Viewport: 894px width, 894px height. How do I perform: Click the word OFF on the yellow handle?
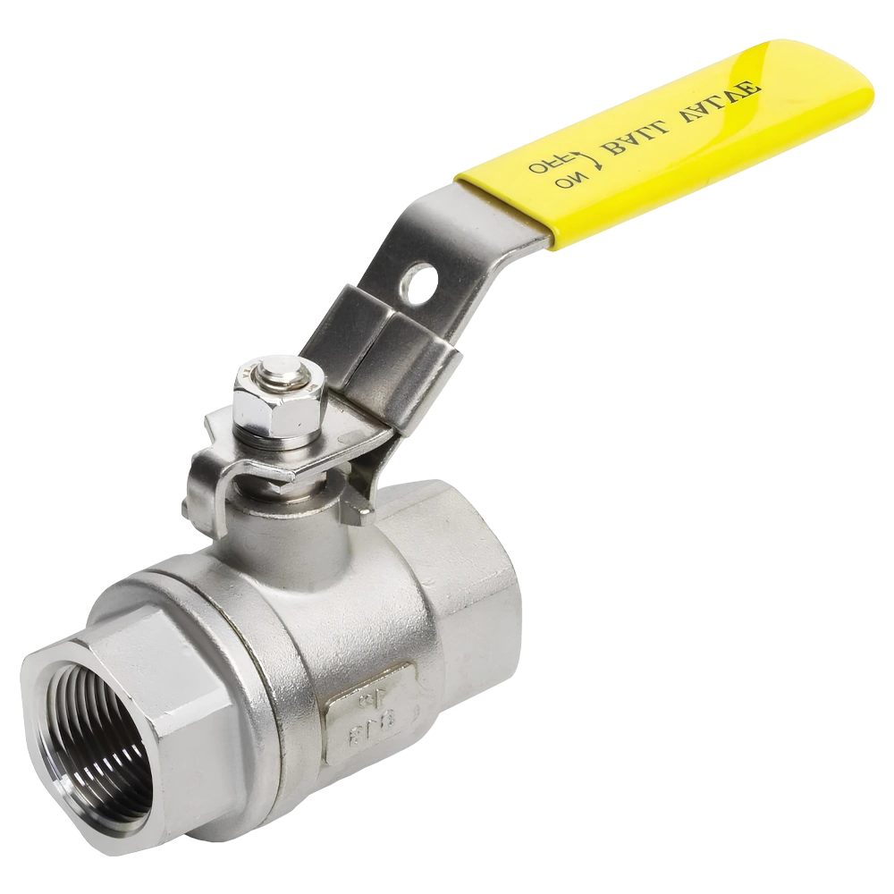click(x=543, y=166)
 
